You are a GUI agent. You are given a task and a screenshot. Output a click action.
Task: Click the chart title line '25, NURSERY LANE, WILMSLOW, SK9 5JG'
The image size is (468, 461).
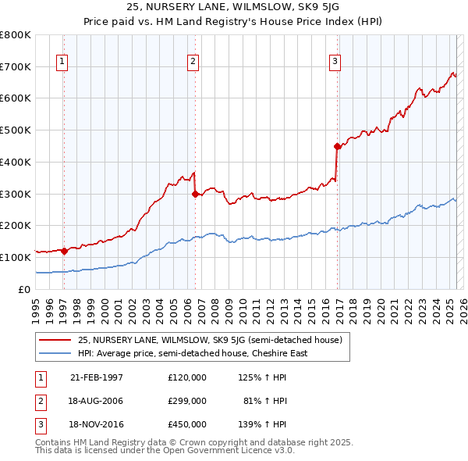pos(233,6)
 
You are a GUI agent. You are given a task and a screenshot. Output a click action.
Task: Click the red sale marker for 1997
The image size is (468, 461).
pos(64,251)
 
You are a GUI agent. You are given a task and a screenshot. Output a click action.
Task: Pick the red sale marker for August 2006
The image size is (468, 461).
pos(195,195)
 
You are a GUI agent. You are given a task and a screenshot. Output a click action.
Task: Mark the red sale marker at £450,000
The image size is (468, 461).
pos(337,146)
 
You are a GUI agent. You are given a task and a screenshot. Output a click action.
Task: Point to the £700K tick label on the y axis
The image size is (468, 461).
pos(15,66)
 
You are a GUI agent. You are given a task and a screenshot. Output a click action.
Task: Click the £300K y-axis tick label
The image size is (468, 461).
pos(15,194)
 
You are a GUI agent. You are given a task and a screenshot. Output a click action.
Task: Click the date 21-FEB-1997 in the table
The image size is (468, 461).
pos(97,377)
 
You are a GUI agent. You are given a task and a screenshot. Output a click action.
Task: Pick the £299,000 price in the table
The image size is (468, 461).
pos(187,401)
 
